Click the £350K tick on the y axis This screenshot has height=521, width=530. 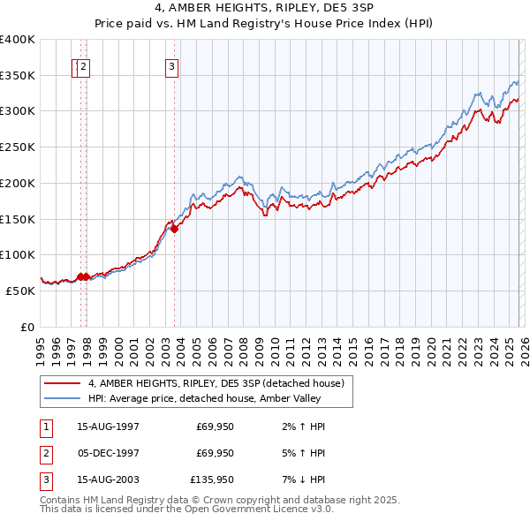[x=18, y=76]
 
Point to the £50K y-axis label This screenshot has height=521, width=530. [x=20, y=291]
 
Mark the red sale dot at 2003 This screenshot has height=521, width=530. [x=174, y=229]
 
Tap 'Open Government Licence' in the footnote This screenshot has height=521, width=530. [x=257, y=510]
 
